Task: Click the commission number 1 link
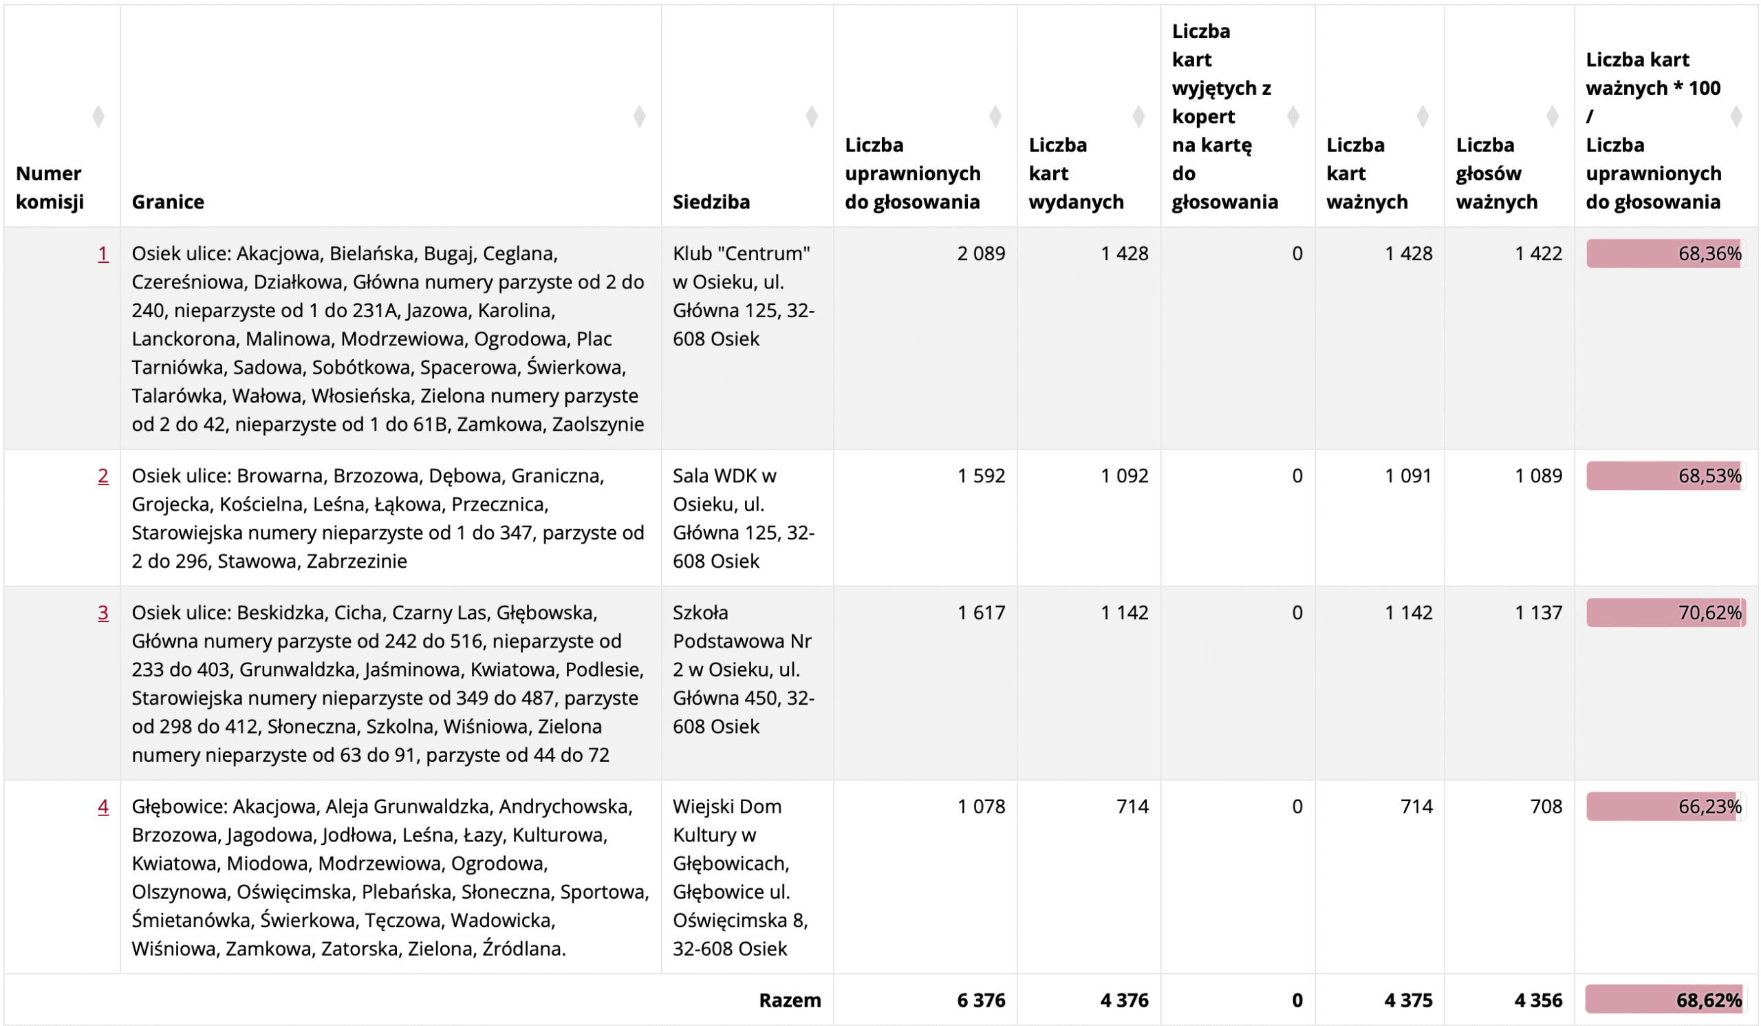(x=102, y=254)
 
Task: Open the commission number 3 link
(x=102, y=613)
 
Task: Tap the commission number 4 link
(x=102, y=806)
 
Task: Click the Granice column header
(x=168, y=202)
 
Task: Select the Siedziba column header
(x=711, y=202)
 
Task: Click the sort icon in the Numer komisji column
(x=98, y=116)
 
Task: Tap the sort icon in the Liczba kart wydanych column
(x=1138, y=116)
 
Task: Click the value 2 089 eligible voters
(x=980, y=254)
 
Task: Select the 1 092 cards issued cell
(x=1124, y=476)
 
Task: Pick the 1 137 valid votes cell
(x=1538, y=613)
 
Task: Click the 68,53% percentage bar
(x=1665, y=476)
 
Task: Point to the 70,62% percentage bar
(x=1665, y=613)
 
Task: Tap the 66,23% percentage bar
(x=1665, y=806)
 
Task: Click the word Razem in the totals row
(x=790, y=1000)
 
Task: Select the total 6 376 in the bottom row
(x=980, y=1000)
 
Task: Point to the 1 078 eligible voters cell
(x=980, y=806)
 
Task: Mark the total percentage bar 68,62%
(x=1665, y=1000)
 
